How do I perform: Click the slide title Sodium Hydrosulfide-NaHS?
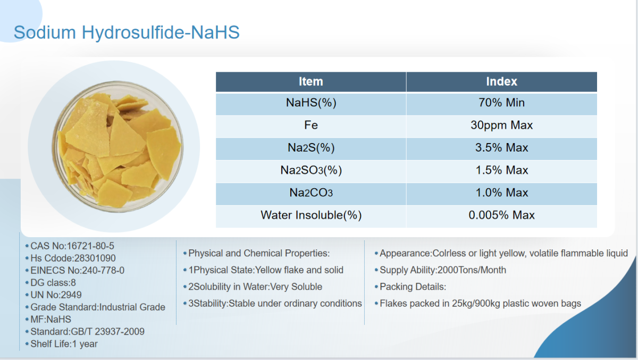tap(127, 32)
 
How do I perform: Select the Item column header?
tap(310, 82)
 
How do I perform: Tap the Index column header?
tap(501, 82)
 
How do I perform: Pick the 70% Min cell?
tap(501, 103)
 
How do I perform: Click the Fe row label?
tap(310, 125)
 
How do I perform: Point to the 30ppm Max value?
tap(501, 125)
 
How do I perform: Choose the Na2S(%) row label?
tap(310, 147)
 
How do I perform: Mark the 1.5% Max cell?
tap(501, 170)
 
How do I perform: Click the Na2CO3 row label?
tap(310, 192)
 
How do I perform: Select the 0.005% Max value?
tap(501, 215)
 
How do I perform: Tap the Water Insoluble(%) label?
tap(310, 215)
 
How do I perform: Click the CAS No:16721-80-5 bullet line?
tap(70, 246)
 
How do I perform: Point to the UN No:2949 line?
tap(54, 295)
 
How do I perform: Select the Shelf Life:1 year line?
tap(62, 344)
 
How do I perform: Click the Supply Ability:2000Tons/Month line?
tap(440, 270)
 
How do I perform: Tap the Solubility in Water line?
tap(253, 287)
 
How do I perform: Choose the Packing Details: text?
tap(410, 287)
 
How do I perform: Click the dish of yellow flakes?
tap(117, 146)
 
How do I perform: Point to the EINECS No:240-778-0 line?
tap(75, 270)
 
